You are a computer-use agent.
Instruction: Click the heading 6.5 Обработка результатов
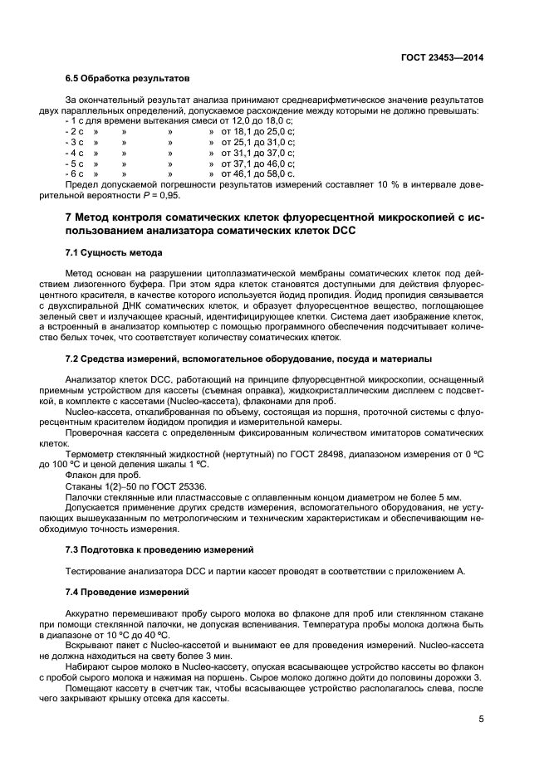point(127,80)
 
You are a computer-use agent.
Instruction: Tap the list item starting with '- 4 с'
point(75,153)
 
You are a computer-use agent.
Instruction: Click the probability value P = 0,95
point(159,196)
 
